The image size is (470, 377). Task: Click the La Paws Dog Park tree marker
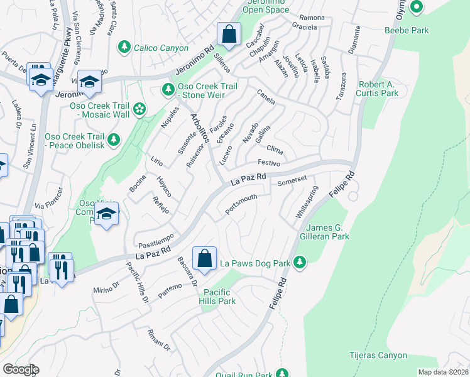pos(301,262)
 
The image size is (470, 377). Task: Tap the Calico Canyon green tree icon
pos(124,48)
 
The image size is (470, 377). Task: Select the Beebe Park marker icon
pos(416,8)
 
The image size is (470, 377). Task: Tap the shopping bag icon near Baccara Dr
pos(204,257)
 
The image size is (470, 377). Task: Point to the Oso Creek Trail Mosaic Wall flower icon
pos(139,109)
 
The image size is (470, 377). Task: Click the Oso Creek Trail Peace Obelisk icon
pos(114,139)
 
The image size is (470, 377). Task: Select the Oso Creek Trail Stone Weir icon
pos(168,90)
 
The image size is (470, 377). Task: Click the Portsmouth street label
pos(241,205)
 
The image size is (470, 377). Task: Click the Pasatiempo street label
pos(155,242)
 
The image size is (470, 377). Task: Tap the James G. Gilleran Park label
pos(327,232)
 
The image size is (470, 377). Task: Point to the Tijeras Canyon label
pos(379,356)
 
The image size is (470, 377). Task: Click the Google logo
pos(20,369)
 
